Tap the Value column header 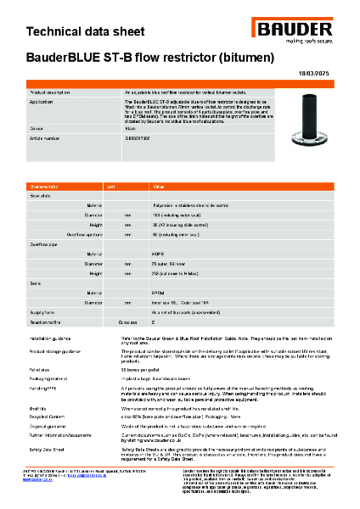tap(158, 186)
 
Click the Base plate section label tap(42, 195)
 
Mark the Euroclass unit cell tap(127, 323)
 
